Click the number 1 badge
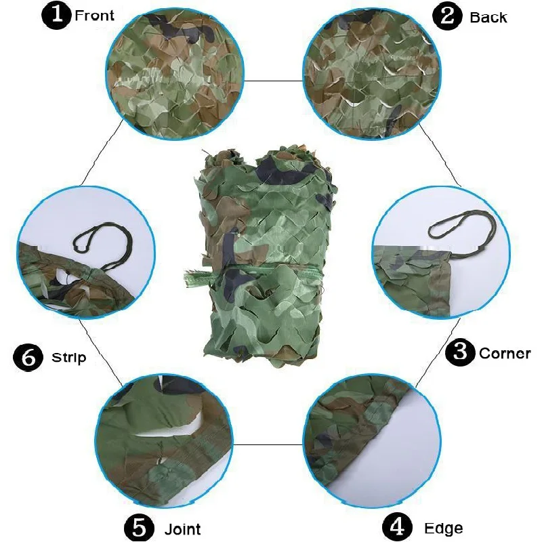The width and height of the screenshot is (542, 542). point(56,16)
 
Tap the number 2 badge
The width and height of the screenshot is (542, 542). point(448,16)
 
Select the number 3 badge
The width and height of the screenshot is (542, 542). point(460,352)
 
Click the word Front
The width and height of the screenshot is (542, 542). point(95,16)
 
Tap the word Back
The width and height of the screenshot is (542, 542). point(488,18)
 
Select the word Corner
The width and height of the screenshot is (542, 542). point(505,353)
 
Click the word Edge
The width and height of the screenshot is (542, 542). point(444,528)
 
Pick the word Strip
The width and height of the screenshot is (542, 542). point(69,357)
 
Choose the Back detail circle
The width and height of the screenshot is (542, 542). point(369,75)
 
